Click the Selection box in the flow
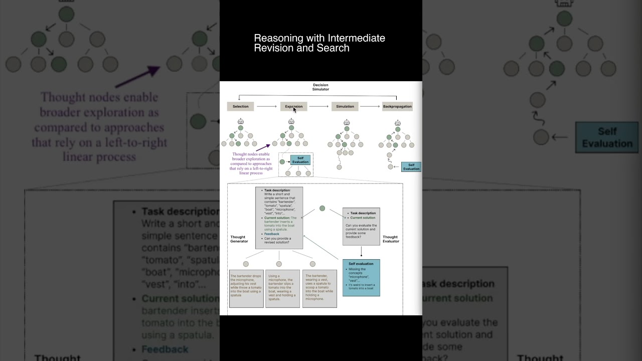pos(240,106)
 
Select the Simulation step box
pos(345,106)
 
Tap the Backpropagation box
pos(397,106)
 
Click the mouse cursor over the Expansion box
pos(295,110)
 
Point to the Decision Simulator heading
pos(320,87)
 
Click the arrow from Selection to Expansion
pos(266,106)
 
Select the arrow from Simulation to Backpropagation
pos(370,106)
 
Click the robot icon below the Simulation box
pos(346,122)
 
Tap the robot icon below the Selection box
pos(241,121)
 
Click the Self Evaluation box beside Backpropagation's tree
pos(411,167)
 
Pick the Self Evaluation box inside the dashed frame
pos(300,160)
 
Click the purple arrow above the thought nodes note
pos(263,147)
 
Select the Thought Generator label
pos(239,239)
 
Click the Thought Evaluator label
pos(391,239)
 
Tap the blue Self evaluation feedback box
pos(361,277)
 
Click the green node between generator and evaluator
pos(322,208)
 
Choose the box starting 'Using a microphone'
pos(282,288)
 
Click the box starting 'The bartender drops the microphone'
pos(246,288)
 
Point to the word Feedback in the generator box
pos(272,234)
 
